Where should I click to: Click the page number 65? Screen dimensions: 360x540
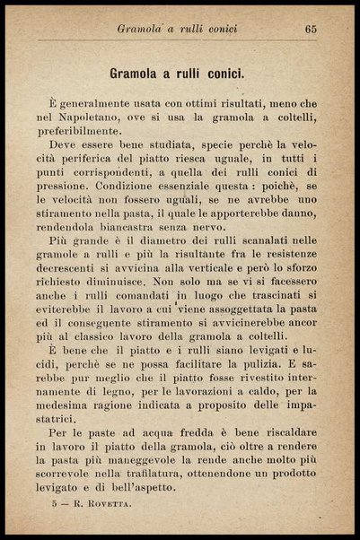tap(311, 29)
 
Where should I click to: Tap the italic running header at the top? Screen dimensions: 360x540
tap(177, 29)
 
